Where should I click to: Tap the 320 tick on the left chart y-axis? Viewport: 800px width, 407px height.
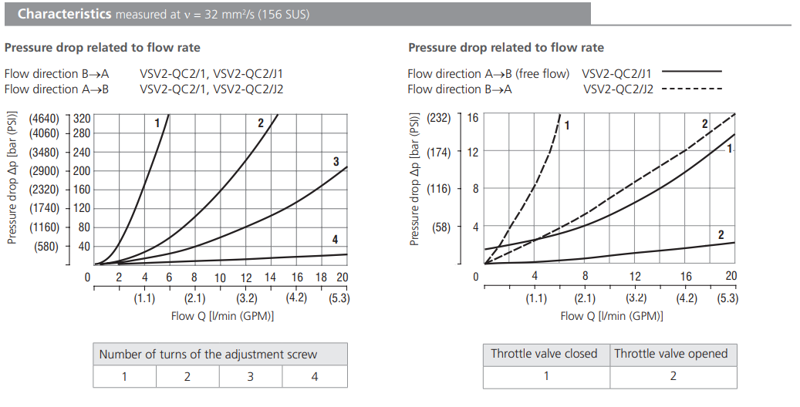(x=82, y=119)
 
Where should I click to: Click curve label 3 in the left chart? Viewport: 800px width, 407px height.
(x=336, y=161)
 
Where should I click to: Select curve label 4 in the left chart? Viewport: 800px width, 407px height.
(x=335, y=240)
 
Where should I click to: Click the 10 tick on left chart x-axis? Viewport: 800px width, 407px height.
(x=220, y=277)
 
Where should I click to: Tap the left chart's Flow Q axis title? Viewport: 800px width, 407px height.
(x=222, y=315)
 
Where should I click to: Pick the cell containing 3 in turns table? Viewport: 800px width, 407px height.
(x=250, y=377)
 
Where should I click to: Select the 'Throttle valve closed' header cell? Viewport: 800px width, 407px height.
(x=545, y=354)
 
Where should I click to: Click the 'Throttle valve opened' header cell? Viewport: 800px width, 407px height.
(x=670, y=354)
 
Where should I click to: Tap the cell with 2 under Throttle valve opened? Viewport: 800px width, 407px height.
(x=673, y=377)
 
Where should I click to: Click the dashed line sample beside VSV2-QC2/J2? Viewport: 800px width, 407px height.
(x=691, y=89)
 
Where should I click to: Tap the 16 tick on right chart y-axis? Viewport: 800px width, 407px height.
(x=473, y=117)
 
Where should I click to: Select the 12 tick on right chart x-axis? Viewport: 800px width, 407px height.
(x=635, y=276)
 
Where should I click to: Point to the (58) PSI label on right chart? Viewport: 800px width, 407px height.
(x=441, y=227)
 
